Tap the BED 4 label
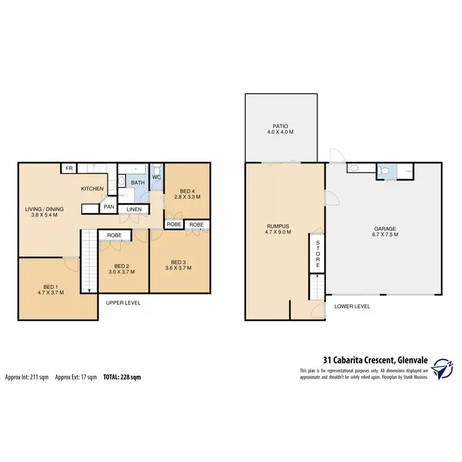pos(186,190)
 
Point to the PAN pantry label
pos(108,207)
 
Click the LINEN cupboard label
pos(134,210)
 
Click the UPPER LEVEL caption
pos(123,303)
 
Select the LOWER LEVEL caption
pos(352,306)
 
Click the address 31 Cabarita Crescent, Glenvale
pos(375,360)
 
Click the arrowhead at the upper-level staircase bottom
pos(91,291)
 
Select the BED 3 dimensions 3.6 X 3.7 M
pos(179,268)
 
